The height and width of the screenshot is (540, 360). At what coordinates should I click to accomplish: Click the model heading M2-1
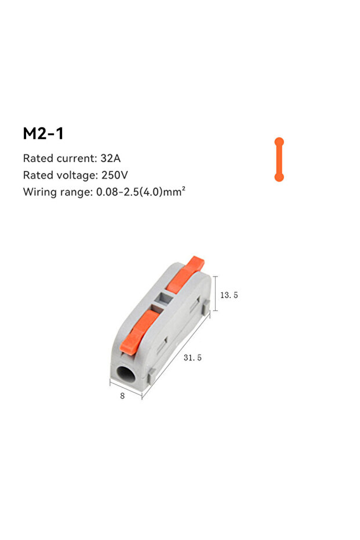pos(43,133)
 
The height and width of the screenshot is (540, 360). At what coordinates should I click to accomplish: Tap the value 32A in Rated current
pos(111,158)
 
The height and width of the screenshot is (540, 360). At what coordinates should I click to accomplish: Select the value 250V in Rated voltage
pos(115,175)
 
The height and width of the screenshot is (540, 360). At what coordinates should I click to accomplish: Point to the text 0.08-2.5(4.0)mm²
pos(141,191)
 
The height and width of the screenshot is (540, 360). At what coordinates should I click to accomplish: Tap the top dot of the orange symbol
pos(279,142)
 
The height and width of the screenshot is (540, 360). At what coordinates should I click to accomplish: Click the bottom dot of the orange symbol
pos(279,177)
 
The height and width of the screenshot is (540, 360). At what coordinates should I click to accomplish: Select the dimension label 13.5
pos(229,295)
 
